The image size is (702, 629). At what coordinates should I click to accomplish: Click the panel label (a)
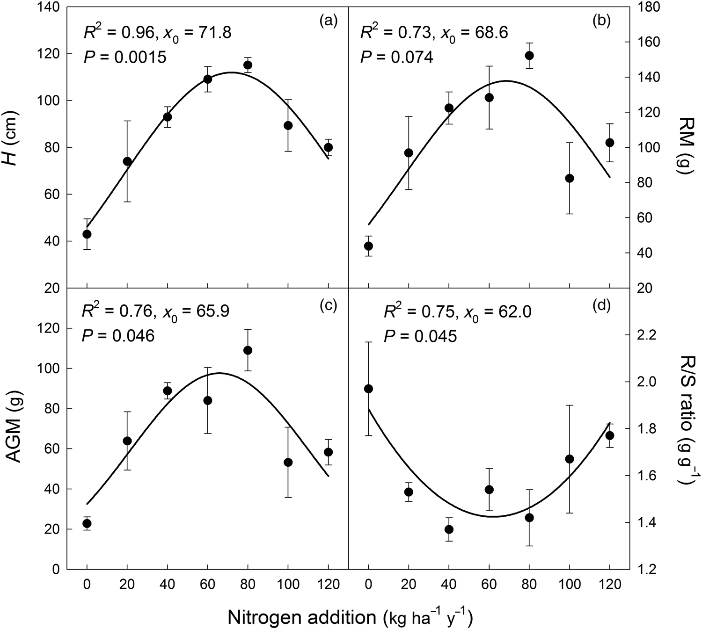[328, 21]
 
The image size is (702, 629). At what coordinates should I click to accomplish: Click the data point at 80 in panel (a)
[248, 65]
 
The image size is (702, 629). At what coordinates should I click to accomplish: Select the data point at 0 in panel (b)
[368, 246]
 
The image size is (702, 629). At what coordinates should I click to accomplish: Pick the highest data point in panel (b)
[529, 56]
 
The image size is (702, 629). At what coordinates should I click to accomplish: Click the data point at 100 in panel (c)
[288, 462]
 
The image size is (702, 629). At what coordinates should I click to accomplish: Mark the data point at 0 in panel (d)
[368, 389]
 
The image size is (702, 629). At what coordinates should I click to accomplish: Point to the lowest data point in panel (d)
[449, 529]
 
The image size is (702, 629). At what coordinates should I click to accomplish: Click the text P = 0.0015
[125, 57]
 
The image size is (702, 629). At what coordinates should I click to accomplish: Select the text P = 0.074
[396, 57]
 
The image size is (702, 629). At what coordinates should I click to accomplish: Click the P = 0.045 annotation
[420, 336]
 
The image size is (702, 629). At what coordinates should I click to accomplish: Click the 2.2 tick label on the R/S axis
[645, 336]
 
